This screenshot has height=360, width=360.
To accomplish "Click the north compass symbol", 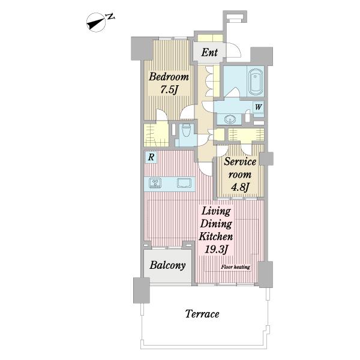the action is coord(96,22).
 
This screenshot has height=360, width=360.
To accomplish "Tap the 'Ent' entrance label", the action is coord(209,52).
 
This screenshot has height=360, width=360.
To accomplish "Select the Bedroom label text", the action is coord(169,77).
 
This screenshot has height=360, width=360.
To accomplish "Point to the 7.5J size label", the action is coord(169,90).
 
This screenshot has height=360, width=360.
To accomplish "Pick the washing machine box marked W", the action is coord(258,107).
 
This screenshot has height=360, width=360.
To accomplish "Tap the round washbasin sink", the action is coord(229,119).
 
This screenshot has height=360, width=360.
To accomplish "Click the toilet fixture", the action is coord(186,131).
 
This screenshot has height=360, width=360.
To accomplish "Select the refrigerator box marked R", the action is coord(151,157).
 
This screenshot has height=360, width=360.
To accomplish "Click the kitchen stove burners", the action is coord(155,183).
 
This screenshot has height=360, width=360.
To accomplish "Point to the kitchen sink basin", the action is coord(184,183).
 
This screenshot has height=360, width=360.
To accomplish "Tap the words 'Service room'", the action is coord(240,168).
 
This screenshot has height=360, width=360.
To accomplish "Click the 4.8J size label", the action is coord(240,188).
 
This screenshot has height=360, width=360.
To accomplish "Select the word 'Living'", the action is coord(216,211).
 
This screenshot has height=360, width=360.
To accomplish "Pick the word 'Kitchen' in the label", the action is coord(216,236).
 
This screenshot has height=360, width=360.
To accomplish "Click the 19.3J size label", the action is coord(216,250).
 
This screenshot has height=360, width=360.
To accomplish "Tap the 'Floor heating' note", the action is coord(236,267).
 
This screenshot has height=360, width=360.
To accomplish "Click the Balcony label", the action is coord(167,265).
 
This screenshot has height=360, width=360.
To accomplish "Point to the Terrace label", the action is coord(202,314).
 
